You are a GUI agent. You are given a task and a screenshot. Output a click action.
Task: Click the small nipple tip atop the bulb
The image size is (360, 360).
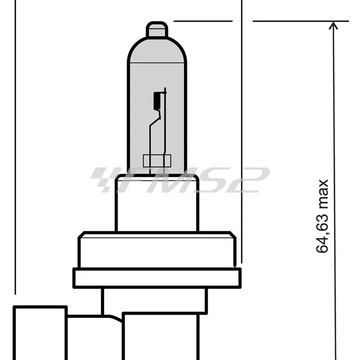tap(157, 30)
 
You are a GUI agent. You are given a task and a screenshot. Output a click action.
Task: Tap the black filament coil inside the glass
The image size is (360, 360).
tap(157, 100)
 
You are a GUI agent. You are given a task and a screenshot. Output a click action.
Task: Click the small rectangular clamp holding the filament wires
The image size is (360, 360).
tap(157, 161)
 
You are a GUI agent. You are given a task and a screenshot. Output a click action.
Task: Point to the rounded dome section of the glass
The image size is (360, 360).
tap(157, 49)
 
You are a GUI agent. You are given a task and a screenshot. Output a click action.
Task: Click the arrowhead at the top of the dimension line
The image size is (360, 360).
tap(333, 26)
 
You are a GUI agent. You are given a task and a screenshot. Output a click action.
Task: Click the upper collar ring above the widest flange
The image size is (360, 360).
tap(157, 250)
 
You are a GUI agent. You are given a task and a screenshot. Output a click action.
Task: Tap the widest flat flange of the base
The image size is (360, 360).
tap(157, 278)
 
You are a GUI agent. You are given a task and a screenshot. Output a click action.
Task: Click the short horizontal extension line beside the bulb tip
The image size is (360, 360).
tap(202, 21)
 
